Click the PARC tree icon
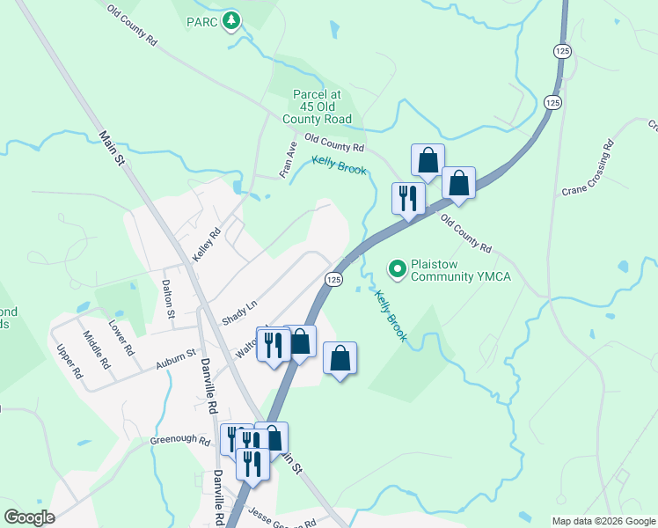pos(230,19)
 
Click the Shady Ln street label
pos(238,311)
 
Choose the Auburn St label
pos(174,359)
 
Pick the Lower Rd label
pos(121,338)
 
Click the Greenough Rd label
pos(180,440)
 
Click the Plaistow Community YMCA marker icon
pos(398,268)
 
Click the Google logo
pos(30,517)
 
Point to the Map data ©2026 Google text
pos(603,521)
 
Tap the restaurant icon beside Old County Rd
pos(407,197)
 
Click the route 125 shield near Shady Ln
pos(333,279)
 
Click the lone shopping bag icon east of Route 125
pos(340,359)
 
